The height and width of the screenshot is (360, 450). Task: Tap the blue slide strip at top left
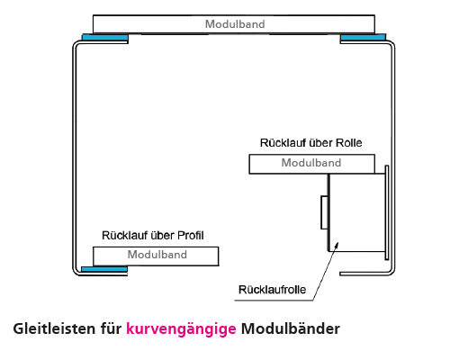[x=104, y=37]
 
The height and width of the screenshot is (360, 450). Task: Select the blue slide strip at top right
[x=363, y=37]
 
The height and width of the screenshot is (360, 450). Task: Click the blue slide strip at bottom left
[x=103, y=268]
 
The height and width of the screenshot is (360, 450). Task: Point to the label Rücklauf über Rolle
[x=310, y=143]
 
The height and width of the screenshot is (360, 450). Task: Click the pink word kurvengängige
[x=181, y=329]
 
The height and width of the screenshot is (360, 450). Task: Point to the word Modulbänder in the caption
[x=290, y=329]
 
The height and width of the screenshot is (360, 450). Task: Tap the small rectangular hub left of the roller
[x=324, y=213]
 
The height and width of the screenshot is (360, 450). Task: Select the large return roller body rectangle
[x=358, y=211]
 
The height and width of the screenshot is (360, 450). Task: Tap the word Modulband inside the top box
[x=235, y=24]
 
